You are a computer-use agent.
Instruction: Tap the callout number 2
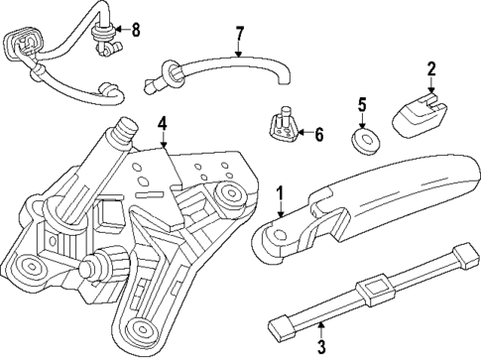pyautogui.click(x=430, y=69)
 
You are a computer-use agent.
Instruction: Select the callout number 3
pyautogui.click(x=320, y=346)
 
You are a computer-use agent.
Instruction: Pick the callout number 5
pyautogui.click(x=362, y=104)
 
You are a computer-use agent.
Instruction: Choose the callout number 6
pyautogui.click(x=318, y=133)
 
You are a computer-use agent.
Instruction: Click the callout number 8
pyautogui.click(x=136, y=30)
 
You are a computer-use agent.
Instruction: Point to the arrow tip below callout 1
pyautogui.click(x=281, y=216)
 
